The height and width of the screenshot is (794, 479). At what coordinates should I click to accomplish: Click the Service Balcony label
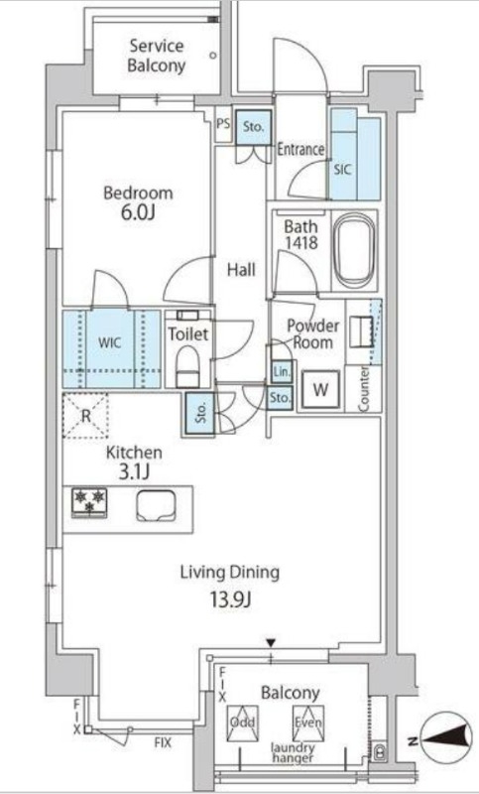(x=156, y=56)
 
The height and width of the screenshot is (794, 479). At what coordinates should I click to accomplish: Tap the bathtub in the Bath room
(x=355, y=251)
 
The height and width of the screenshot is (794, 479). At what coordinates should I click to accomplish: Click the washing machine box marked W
(x=320, y=389)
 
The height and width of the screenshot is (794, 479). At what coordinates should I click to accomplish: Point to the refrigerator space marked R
(x=85, y=416)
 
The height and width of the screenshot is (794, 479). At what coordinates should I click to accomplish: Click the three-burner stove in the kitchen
(x=89, y=502)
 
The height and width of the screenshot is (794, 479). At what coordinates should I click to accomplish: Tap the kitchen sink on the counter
(x=156, y=506)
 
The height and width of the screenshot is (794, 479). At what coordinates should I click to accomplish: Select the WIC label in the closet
(x=110, y=342)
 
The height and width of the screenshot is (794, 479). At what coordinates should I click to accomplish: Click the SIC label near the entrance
(x=342, y=170)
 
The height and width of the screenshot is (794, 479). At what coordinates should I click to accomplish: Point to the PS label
(x=223, y=123)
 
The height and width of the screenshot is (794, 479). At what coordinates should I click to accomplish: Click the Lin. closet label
(x=282, y=373)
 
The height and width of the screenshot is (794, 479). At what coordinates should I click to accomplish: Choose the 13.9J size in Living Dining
(x=231, y=600)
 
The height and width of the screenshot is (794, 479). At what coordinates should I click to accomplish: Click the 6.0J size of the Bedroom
(x=137, y=212)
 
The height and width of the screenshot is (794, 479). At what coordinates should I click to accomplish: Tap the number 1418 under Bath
(x=300, y=242)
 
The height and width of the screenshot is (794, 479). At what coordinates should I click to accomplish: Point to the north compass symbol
(x=446, y=741)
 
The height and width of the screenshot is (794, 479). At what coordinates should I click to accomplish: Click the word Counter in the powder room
(x=364, y=388)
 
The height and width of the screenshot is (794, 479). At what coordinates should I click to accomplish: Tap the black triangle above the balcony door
(x=271, y=643)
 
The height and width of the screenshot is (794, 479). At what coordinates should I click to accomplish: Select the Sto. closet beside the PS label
(x=253, y=128)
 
